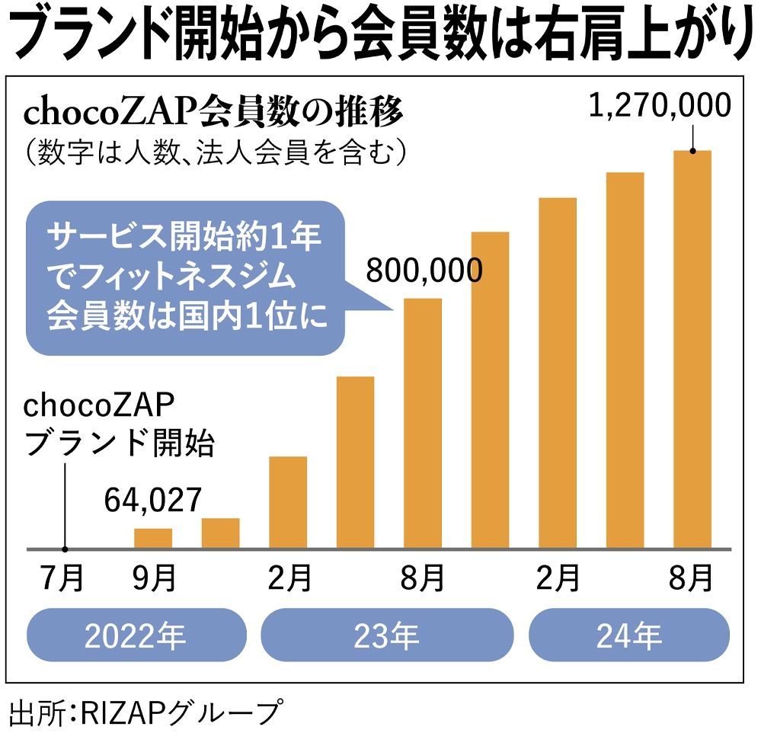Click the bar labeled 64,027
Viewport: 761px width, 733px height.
[x=153, y=538]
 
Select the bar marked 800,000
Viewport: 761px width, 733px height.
[x=422, y=423]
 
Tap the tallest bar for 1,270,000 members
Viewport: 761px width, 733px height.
[x=692, y=349]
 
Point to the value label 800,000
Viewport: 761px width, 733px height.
[x=424, y=270]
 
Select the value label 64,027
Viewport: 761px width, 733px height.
[x=153, y=500]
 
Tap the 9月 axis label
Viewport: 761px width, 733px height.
[x=154, y=578]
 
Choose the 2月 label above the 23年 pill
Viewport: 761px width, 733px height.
[x=289, y=578]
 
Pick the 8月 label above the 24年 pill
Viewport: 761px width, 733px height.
[x=692, y=578]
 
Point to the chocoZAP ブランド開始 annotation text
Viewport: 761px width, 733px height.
[x=118, y=424]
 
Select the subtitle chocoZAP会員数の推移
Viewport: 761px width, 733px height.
[x=213, y=114]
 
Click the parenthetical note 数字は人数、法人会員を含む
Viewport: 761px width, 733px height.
[x=213, y=151]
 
